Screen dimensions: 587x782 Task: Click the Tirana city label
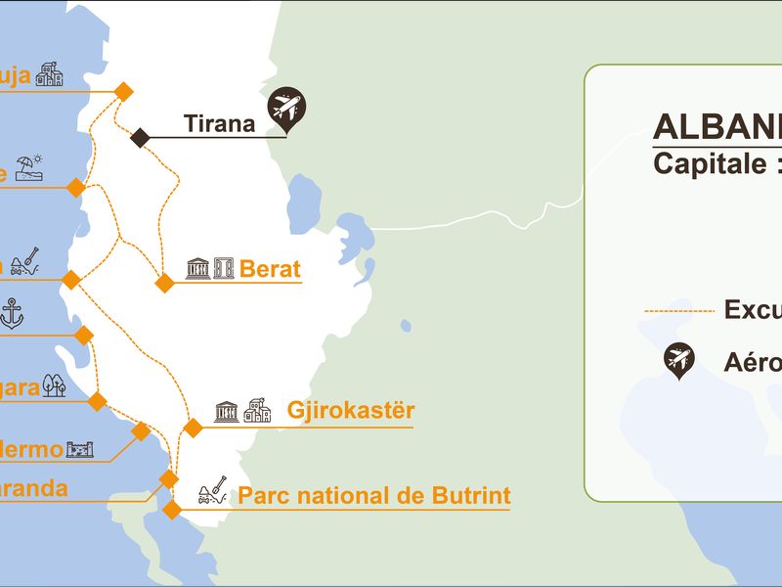click(219, 124)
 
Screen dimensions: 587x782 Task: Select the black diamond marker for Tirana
click(140, 137)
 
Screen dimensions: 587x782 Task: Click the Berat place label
click(270, 268)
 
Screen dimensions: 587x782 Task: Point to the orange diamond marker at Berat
click(164, 284)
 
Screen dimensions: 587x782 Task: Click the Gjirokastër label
click(351, 410)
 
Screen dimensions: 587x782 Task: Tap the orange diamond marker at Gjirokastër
click(193, 428)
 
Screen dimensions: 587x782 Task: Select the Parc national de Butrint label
click(374, 495)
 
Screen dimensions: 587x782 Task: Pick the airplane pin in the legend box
click(677, 360)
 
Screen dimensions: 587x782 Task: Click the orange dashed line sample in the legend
click(678, 311)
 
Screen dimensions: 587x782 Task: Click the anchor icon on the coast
click(12, 314)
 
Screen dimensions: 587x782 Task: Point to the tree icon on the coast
click(55, 385)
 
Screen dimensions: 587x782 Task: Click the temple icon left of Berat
click(196, 268)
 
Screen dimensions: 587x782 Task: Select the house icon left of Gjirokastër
click(257, 411)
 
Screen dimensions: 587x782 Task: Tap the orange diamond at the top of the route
click(123, 91)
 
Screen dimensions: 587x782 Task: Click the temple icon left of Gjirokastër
click(227, 411)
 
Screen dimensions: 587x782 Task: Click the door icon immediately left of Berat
click(224, 268)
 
